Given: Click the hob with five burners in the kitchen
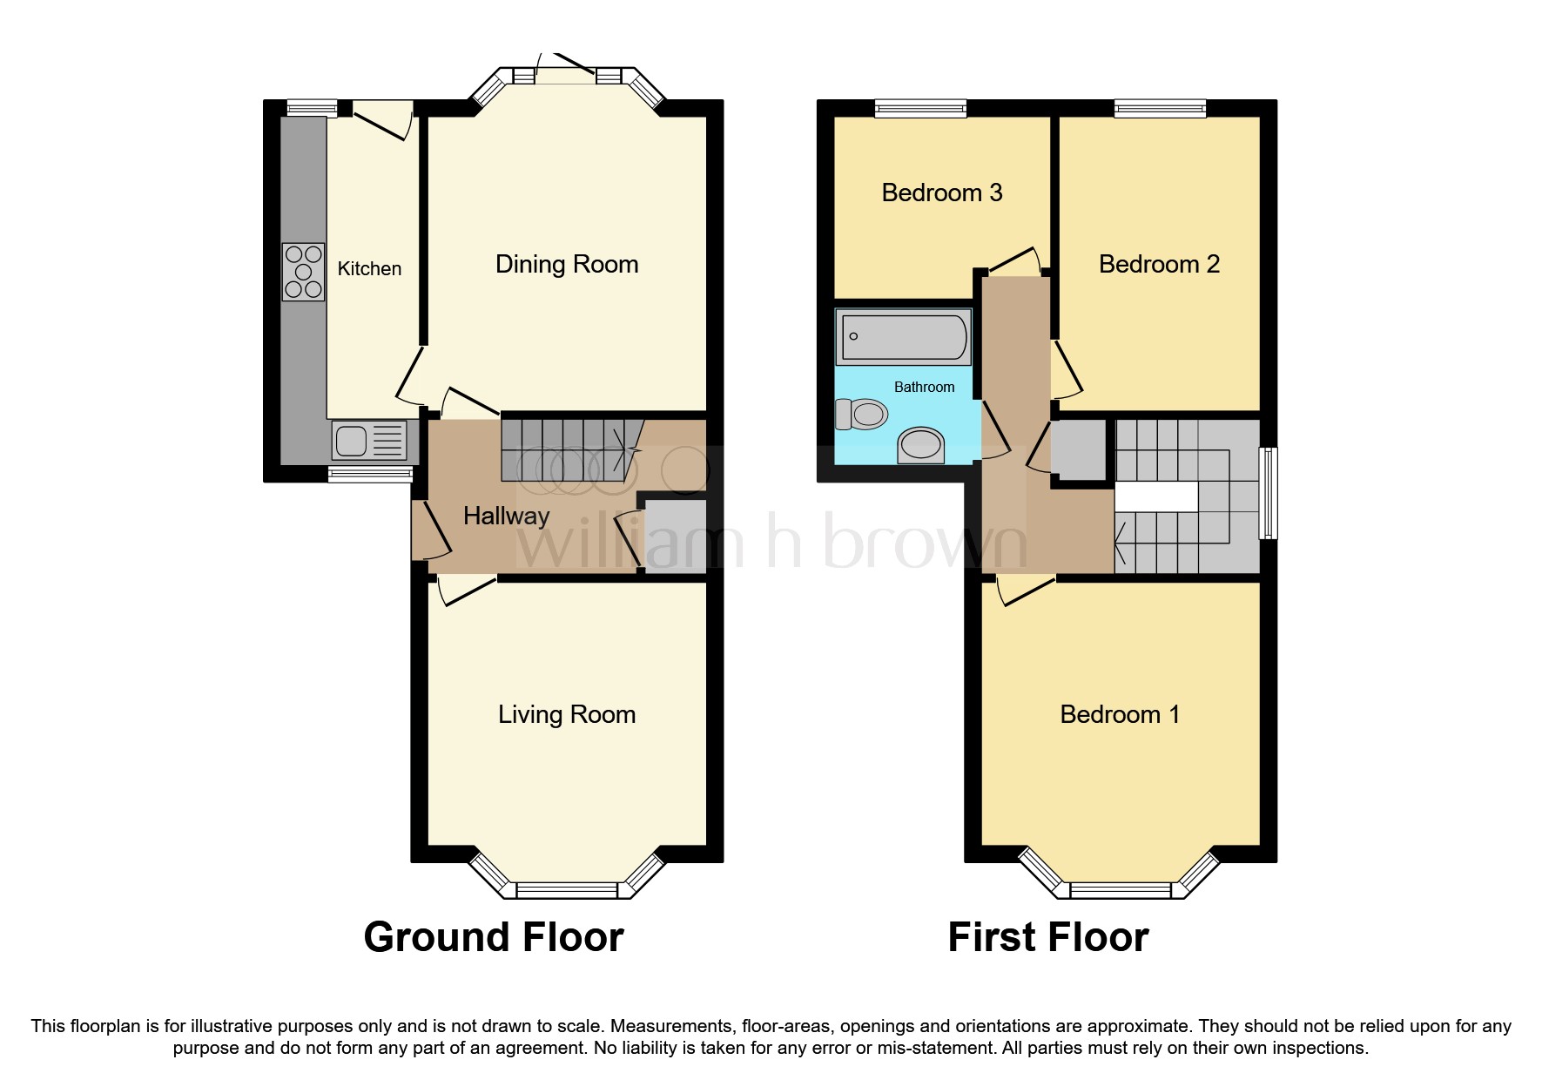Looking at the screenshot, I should coord(303,272).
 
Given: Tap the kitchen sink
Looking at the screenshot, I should coord(369,440).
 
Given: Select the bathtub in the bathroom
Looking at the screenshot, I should coord(902,336).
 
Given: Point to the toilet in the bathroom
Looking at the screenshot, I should coord(860,414).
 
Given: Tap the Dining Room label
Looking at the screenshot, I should coord(567,265).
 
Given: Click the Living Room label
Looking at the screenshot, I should coord(567,715).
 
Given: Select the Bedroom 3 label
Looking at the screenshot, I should coord(942,192).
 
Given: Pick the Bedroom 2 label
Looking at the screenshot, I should coord(1159,265).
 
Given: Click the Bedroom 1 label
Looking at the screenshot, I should coord(1120,715).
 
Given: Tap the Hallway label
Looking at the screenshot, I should coord(506,516).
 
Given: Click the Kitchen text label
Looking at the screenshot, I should coord(369,269).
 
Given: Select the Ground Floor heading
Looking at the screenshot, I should coord(494,938).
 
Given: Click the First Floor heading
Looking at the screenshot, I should coord(1048,938).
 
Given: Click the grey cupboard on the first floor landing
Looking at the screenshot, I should coord(1079,450).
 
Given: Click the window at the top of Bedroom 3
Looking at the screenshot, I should coord(920,108).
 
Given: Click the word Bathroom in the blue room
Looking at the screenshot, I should coord(924,388).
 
